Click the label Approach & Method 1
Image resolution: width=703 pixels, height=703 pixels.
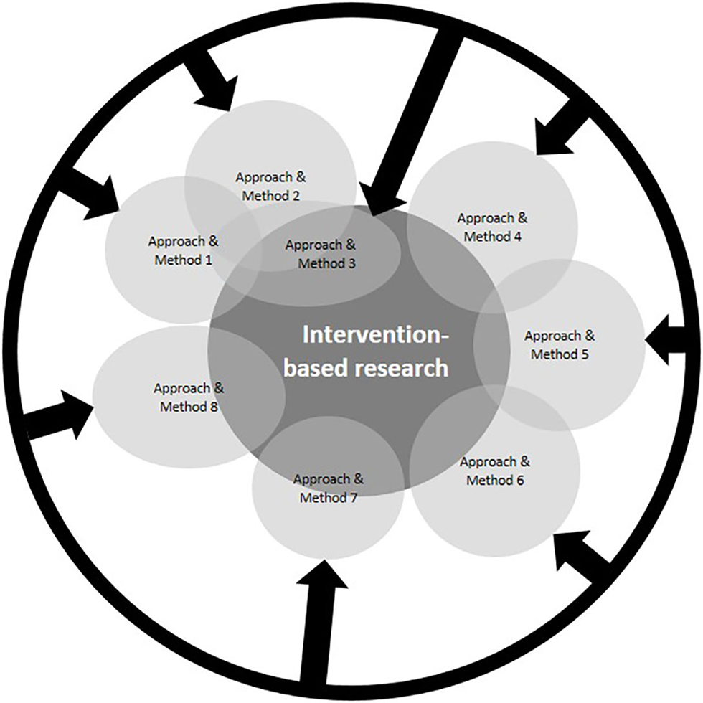coord(184,250)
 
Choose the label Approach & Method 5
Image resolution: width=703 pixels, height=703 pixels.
coord(560,345)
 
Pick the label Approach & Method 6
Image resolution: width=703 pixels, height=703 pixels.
coord(496,470)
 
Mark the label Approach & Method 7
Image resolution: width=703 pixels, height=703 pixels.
coord(329,488)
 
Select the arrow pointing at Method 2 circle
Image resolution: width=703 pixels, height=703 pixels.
coord(209,85)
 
